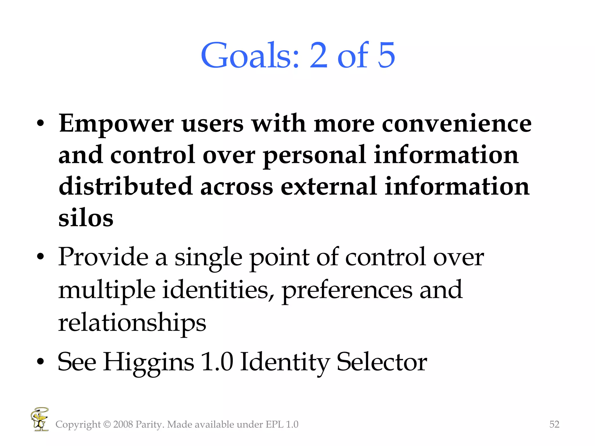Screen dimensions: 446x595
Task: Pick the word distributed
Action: [126, 186]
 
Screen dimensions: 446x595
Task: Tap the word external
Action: [329, 186]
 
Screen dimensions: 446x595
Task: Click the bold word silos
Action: [86, 218]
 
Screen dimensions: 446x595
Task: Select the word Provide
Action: [103, 257]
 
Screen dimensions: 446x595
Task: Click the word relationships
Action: [132, 323]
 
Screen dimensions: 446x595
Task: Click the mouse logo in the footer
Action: [40, 419]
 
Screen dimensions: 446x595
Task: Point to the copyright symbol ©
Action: [107, 425]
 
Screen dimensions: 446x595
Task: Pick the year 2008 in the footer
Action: [123, 425]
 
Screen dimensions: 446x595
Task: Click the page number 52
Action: [554, 425]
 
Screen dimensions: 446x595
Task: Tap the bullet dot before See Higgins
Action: [40, 362]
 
